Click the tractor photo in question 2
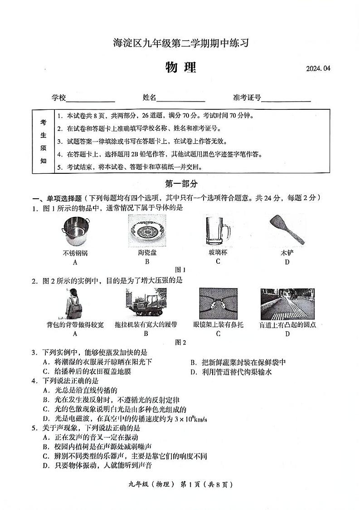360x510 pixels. point(146,304)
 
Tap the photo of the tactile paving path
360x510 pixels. point(287,304)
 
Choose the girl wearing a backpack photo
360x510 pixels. point(74,304)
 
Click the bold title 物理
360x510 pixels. point(180,67)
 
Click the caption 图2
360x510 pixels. point(180,343)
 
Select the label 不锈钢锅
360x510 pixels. point(75,253)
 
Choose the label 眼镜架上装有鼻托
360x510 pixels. point(218,324)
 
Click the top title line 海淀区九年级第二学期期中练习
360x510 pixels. point(180,44)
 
